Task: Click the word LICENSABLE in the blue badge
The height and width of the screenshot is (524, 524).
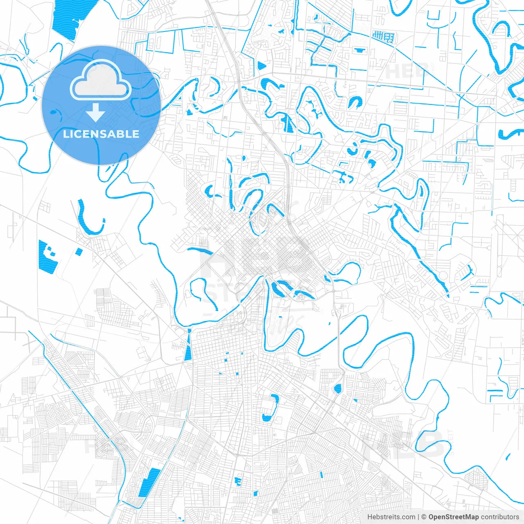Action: click(101, 134)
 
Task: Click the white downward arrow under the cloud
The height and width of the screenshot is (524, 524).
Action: click(96, 112)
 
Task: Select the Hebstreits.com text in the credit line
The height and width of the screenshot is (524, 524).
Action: click(391, 517)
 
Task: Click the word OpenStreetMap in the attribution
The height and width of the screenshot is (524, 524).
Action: click(453, 517)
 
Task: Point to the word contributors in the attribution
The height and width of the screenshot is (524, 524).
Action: click(500, 517)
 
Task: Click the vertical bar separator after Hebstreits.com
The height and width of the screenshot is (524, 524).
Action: click(418, 517)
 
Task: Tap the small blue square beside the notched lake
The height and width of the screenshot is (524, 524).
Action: click(79, 252)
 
